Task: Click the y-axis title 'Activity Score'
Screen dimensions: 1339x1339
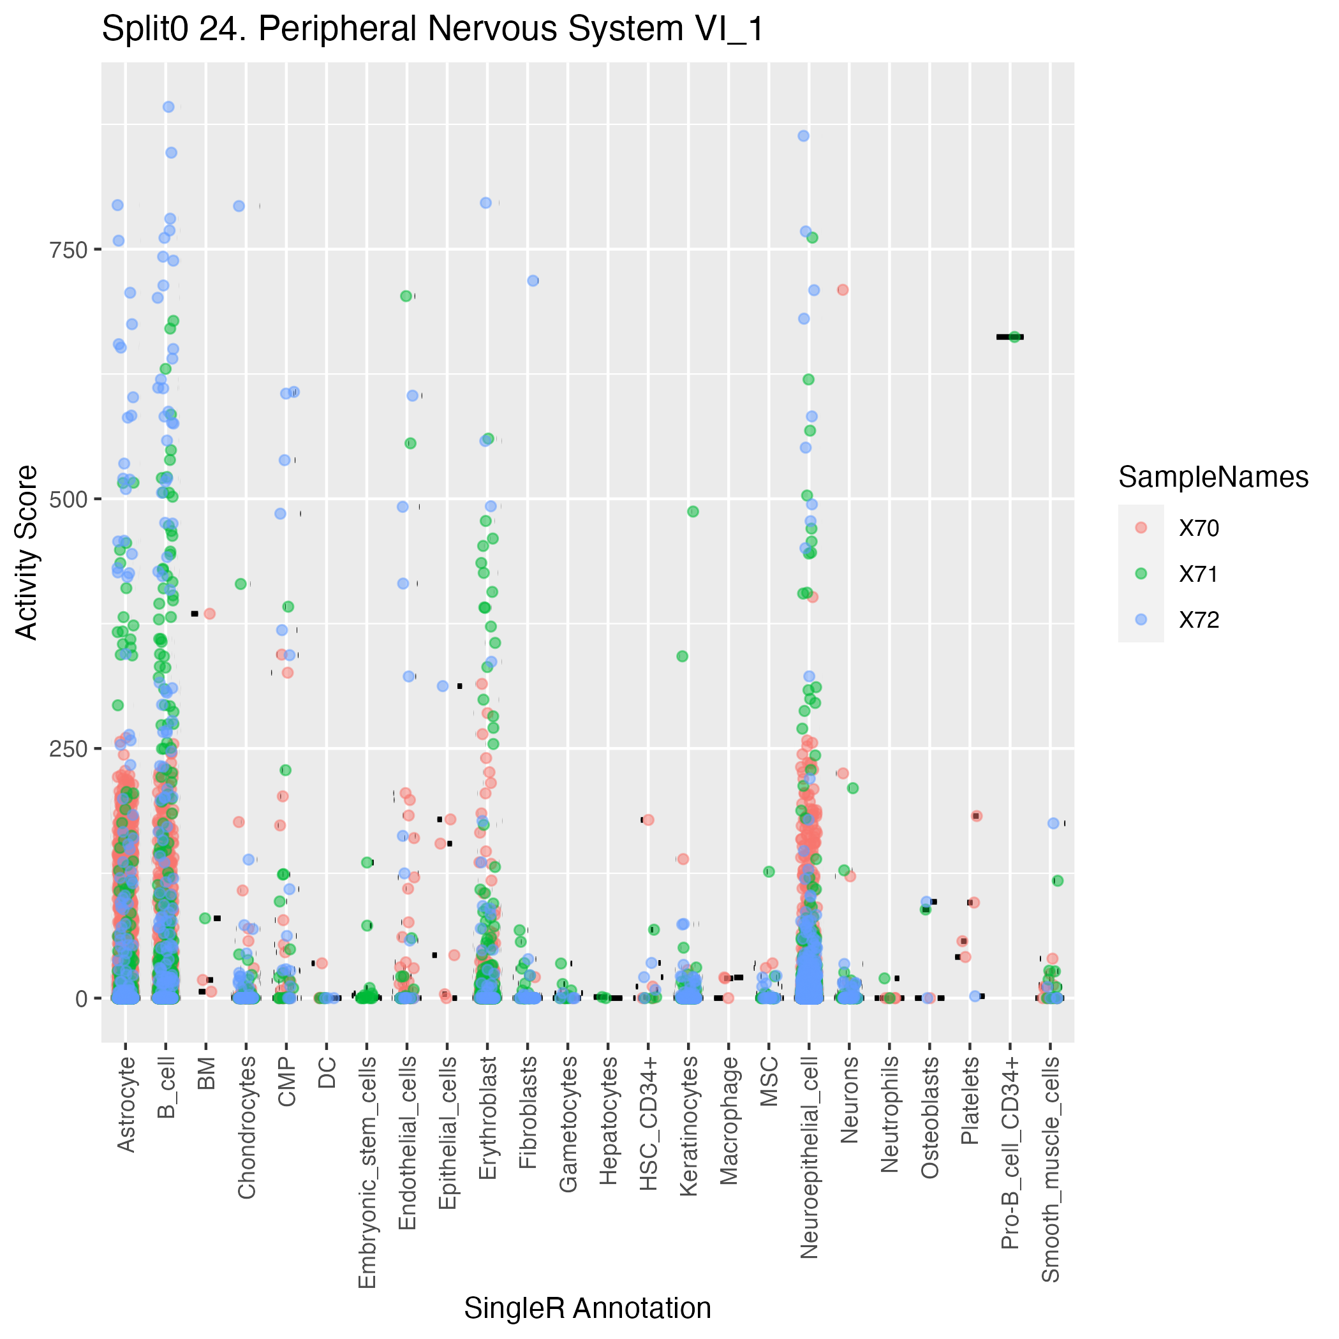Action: coord(27,552)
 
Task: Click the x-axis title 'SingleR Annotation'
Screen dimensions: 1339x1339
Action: coord(587,1308)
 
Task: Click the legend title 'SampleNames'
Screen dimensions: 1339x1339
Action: coord(1213,478)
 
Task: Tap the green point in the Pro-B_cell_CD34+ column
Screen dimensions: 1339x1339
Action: coord(1015,337)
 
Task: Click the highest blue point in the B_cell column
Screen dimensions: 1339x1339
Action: coord(168,107)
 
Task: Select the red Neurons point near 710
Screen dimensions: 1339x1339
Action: coord(843,290)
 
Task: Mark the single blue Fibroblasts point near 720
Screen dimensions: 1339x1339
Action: coord(533,281)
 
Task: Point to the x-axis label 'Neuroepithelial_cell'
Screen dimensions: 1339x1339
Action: coord(809,1157)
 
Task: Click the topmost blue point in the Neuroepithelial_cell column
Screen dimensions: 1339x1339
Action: coord(803,136)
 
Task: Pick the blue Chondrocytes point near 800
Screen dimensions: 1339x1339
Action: coord(239,206)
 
